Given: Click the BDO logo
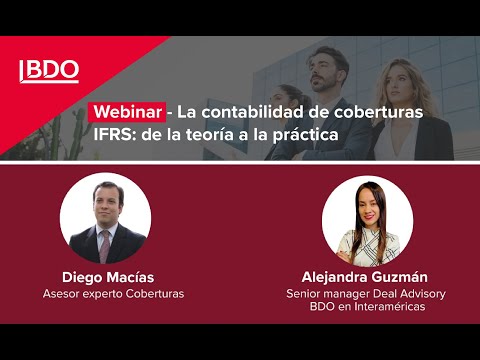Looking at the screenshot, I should pos(49,71).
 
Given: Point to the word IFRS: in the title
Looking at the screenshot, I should pos(114,132).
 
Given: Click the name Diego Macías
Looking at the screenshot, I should pos(107,277).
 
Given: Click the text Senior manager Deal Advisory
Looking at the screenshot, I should pos(366,293).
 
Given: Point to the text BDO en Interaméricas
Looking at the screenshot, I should pos(366,307).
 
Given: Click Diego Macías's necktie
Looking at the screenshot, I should pos(107,244).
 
